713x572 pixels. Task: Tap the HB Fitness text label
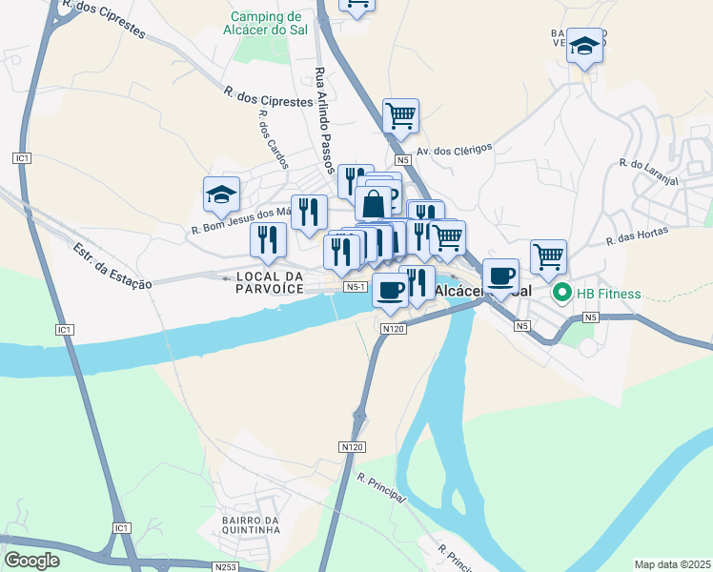coord(607,293)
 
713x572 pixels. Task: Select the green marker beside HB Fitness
coord(561,293)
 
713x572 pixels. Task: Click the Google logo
coord(31,561)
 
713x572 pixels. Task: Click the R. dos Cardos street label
coord(273,142)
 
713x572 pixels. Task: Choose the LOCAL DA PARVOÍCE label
coord(266,282)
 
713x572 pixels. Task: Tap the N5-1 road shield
coord(356,286)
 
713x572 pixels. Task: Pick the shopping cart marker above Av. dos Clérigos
coord(400,115)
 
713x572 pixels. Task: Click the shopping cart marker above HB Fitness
coord(548,255)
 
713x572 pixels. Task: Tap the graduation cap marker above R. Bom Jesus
coord(221,194)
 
